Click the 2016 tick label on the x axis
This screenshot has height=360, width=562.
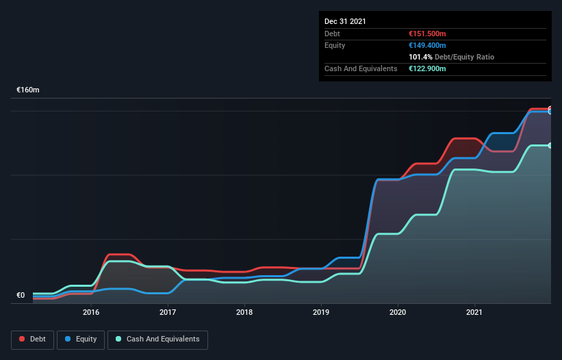point(91,313)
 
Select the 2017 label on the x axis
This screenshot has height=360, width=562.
point(168,313)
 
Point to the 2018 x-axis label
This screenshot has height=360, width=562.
point(244,313)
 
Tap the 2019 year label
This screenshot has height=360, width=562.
point(321,313)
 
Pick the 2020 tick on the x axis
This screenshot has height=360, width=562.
point(398,313)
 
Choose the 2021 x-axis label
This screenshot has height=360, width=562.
point(474,313)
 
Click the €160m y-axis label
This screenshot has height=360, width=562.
point(28,90)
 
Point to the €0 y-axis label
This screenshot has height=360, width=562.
point(21,296)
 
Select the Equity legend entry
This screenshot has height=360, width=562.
point(81,339)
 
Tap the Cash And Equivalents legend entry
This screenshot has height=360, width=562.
point(157,339)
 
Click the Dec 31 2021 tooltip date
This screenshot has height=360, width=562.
point(345,21)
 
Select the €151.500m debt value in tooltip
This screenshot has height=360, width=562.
point(427,34)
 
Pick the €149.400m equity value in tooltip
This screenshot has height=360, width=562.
point(427,45)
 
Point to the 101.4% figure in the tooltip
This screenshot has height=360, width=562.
point(419,57)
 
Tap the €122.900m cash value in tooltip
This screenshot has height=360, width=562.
point(427,68)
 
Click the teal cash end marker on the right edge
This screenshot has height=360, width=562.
point(550,146)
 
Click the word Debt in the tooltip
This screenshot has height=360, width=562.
point(332,34)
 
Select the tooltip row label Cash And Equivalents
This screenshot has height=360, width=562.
point(361,68)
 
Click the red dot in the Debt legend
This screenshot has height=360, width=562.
point(22,339)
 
